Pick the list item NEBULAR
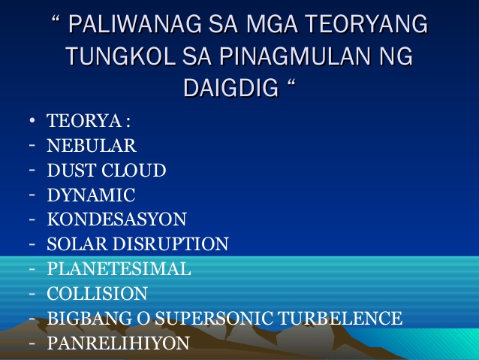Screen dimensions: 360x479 pyautogui.click(x=92, y=146)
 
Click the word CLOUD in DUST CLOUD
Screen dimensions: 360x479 pyautogui.click(x=134, y=171)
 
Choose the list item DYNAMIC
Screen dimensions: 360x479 pyautogui.click(x=91, y=195)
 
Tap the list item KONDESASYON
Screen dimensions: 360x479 pyautogui.click(x=116, y=219)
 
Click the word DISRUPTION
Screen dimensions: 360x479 pyautogui.click(x=171, y=244)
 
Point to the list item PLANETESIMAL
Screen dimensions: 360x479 pyautogui.click(x=119, y=268)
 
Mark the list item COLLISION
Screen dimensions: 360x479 pyautogui.click(x=97, y=293)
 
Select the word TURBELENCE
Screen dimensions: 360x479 pyautogui.click(x=340, y=318)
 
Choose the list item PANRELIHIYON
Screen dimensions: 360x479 pyautogui.click(x=118, y=343)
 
